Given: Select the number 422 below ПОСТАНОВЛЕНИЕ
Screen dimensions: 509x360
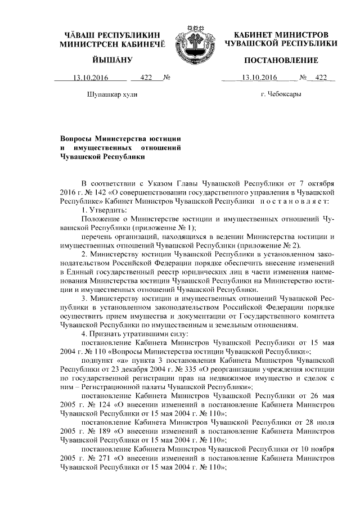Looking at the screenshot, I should point(321,78).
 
